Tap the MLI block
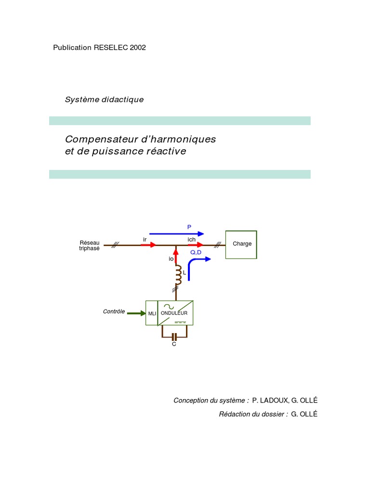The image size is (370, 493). click(x=152, y=313)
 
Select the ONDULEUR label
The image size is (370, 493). click(x=174, y=313)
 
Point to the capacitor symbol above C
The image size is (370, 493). click(x=174, y=337)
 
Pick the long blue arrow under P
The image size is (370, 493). click(x=176, y=234)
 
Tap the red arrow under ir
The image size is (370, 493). click(x=148, y=245)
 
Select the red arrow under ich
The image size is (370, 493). click(x=196, y=245)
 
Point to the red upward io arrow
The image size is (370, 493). click(x=176, y=255)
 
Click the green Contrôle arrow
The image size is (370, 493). click(x=136, y=313)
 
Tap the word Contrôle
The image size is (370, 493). click(x=114, y=311)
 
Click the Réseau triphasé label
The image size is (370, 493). click(x=89, y=246)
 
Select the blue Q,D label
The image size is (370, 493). click(x=196, y=252)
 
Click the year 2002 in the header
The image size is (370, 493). click(x=138, y=48)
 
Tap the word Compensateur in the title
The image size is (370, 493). click(x=100, y=139)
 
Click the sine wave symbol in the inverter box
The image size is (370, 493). click(x=169, y=306)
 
